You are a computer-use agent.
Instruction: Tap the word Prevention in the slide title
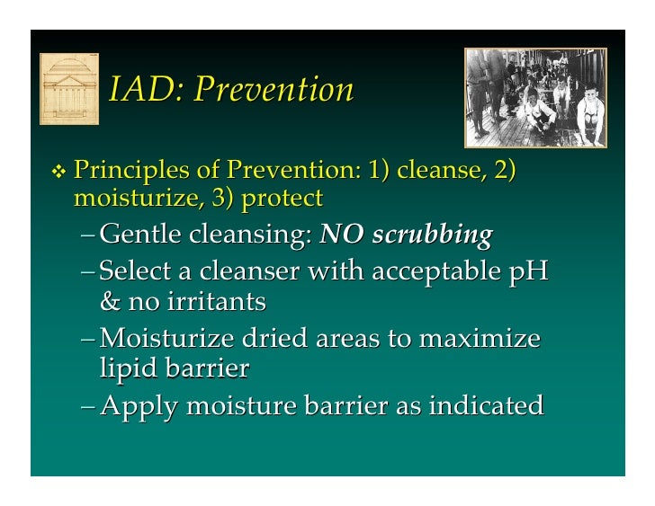[274, 90]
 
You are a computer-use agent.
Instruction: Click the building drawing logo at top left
[69, 88]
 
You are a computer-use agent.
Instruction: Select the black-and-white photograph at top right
[534, 97]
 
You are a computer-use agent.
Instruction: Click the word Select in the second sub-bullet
[138, 271]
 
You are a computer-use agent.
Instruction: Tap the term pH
[526, 271]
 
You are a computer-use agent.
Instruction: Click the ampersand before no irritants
[110, 301]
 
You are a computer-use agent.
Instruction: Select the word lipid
[129, 369]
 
